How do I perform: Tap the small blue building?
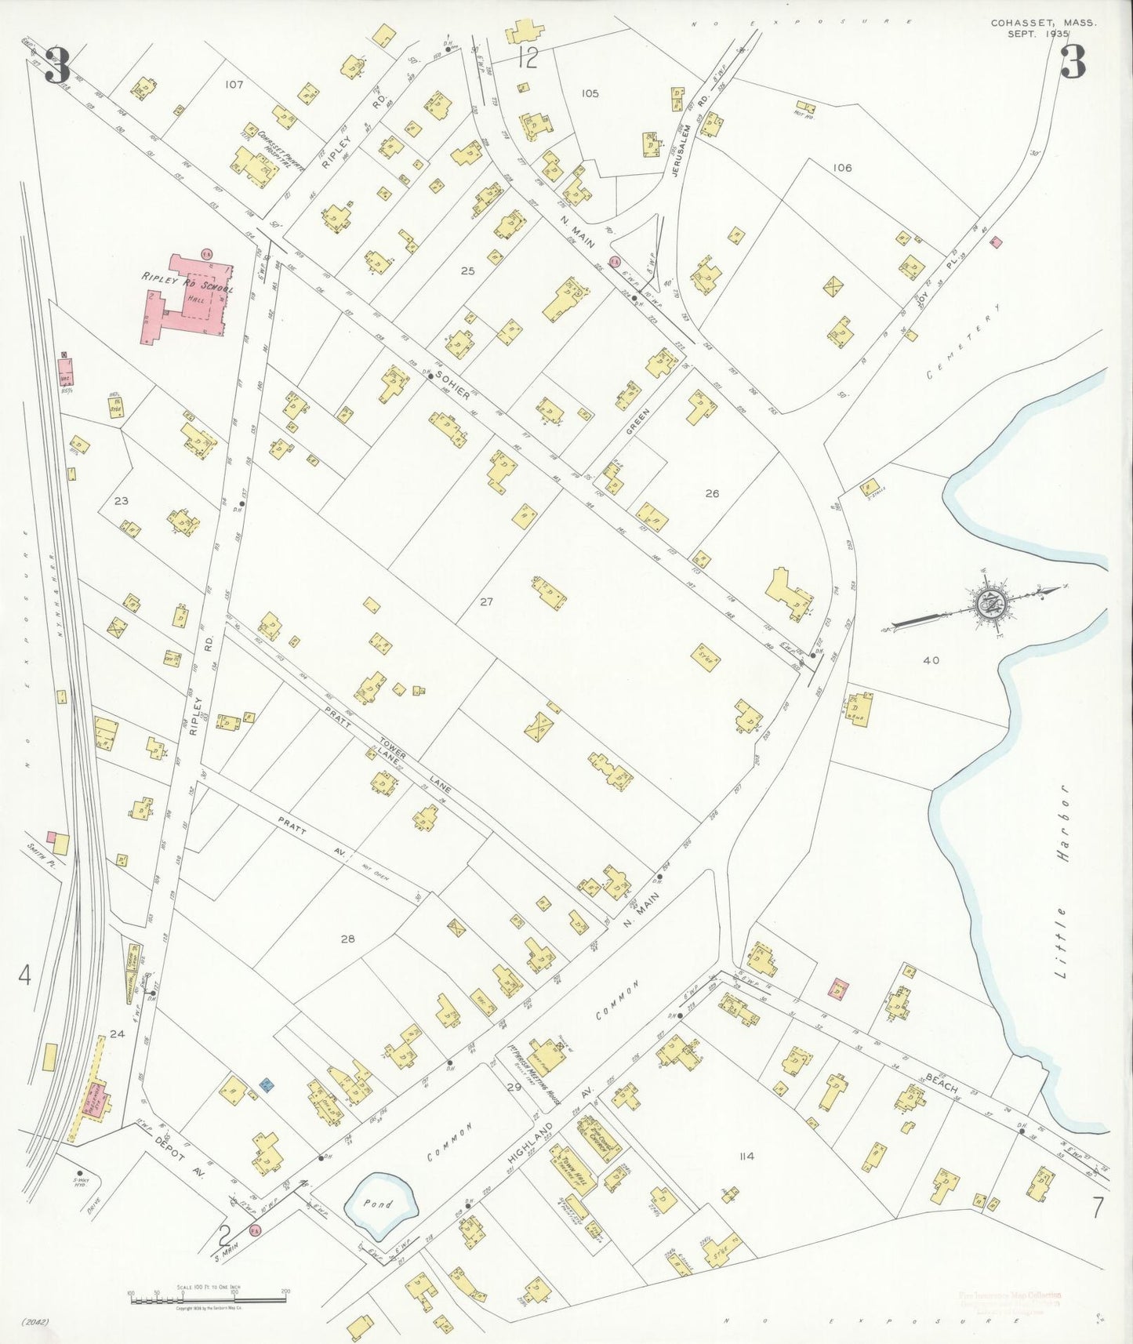click(x=267, y=1085)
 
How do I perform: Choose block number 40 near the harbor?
click(x=931, y=660)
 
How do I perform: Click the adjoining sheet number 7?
click(x=1096, y=1208)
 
